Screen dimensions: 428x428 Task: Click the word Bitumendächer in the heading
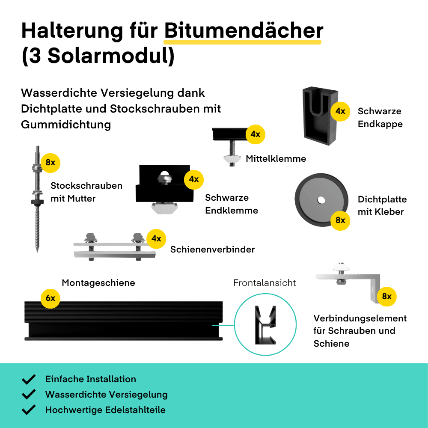click(244, 30)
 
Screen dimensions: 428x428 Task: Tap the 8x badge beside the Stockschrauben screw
click(51, 163)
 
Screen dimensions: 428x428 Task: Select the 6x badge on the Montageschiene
click(51, 298)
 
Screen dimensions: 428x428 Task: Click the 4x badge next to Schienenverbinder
click(156, 239)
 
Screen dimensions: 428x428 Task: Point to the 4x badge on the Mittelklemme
click(256, 134)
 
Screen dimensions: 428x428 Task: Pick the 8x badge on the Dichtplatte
click(340, 220)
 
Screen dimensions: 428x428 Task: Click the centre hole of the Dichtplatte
click(321, 200)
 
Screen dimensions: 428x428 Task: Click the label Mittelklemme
click(276, 159)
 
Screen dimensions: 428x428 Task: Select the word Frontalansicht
click(265, 283)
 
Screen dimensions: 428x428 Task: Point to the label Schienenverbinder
click(212, 249)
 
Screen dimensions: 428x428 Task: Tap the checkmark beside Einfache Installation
click(29, 379)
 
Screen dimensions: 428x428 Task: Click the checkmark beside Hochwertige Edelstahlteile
click(29, 410)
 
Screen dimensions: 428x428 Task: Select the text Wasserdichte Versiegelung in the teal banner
click(107, 395)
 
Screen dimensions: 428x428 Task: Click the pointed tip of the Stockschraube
click(37, 251)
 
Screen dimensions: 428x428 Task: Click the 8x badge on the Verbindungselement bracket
click(387, 297)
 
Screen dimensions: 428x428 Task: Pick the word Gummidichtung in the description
click(66, 125)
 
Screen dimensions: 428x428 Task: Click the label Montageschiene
click(98, 283)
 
